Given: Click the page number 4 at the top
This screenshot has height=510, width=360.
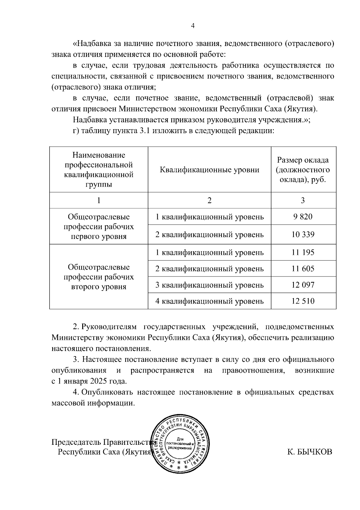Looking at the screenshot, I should pyautogui.click(x=193, y=26).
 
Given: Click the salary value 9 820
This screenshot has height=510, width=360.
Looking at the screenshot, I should pyautogui.click(x=303, y=217).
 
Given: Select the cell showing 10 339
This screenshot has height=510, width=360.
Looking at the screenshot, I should pyautogui.click(x=303, y=234).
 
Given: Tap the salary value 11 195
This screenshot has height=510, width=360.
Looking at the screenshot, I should pyautogui.click(x=303, y=252).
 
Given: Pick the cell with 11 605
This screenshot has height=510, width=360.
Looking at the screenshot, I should pyautogui.click(x=303, y=269).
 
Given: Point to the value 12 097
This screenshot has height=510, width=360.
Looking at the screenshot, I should pyautogui.click(x=303, y=285).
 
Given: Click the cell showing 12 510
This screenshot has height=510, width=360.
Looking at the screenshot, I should pyautogui.click(x=303, y=301).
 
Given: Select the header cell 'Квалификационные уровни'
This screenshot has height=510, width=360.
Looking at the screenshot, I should pyautogui.click(x=209, y=170).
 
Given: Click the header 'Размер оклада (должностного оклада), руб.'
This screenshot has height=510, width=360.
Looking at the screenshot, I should pyautogui.click(x=303, y=170).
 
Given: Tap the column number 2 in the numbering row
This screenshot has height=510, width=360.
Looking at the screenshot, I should pyautogui.click(x=209, y=200).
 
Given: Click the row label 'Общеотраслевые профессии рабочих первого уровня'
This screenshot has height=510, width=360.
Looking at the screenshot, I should pyautogui.click(x=99, y=227).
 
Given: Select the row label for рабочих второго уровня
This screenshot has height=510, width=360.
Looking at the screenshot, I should pyautogui.click(x=99, y=277).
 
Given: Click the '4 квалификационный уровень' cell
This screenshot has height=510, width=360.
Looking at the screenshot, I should pyautogui.click(x=209, y=301).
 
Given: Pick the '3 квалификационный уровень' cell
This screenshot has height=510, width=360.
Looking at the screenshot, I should pyautogui.click(x=209, y=285).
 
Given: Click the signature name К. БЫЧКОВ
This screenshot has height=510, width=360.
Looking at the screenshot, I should pyautogui.click(x=310, y=452).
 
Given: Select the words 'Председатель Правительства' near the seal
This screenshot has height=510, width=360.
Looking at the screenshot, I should pyautogui.click(x=103, y=442).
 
